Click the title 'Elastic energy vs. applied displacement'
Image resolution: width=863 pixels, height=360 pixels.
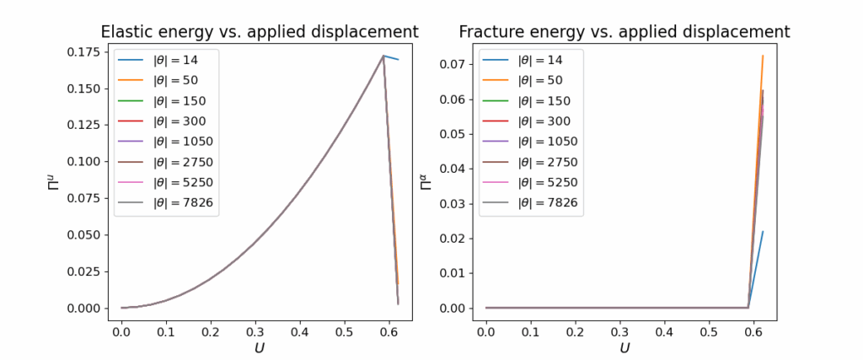[x=260, y=32]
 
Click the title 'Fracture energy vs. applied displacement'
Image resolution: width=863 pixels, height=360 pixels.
[x=624, y=32]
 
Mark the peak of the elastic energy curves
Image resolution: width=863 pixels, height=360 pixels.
[x=383, y=56]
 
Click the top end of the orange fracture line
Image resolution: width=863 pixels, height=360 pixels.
[x=763, y=56]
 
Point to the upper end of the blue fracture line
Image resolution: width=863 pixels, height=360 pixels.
[x=763, y=231]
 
